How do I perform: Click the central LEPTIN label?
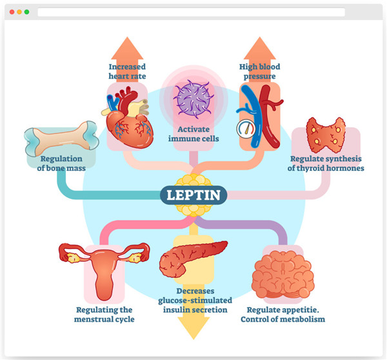pyautogui.click(x=193, y=194)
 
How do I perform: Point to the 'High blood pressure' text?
pyautogui.click(x=259, y=70)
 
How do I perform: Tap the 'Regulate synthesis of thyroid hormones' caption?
pyautogui.click(x=326, y=164)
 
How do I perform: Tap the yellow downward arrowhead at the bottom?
pyautogui.click(x=193, y=329)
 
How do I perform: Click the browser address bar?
pyautogui.click(x=191, y=12)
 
